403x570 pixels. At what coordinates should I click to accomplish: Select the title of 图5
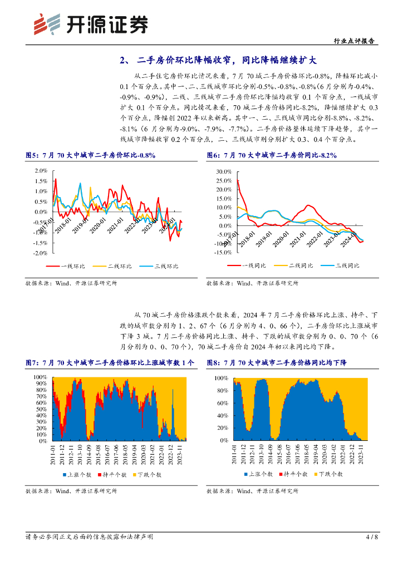(x=91, y=155)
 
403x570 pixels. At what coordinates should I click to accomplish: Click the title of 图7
(x=110, y=362)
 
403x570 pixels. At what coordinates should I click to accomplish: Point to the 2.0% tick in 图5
(x=41, y=171)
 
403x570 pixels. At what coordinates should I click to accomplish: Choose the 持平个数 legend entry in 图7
(x=114, y=475)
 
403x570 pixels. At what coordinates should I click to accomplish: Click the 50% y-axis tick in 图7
(x=41, y=409)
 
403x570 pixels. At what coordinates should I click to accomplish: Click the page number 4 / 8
(x=372, y=537)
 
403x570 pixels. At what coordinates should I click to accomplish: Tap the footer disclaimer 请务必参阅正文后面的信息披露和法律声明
(x=90, y=537)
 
